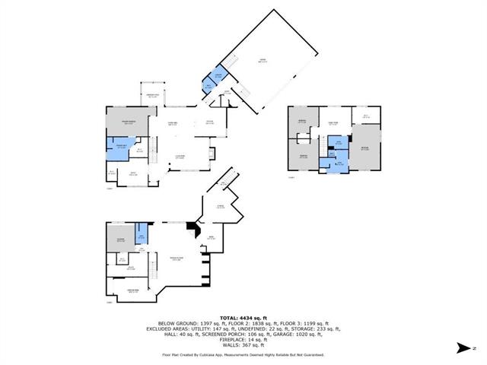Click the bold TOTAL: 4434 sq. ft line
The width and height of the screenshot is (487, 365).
click(x=243, y=317)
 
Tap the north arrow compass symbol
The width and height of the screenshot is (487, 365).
click(x=464, y=348)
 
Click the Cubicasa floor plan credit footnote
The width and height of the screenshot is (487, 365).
click(x=243, y=354)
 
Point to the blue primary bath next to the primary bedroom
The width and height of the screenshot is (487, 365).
click(x=119, y=148)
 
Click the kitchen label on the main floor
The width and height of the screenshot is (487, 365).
click(x=209, y=122)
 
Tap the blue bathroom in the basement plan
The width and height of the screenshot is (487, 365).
click(x=141, y=234)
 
